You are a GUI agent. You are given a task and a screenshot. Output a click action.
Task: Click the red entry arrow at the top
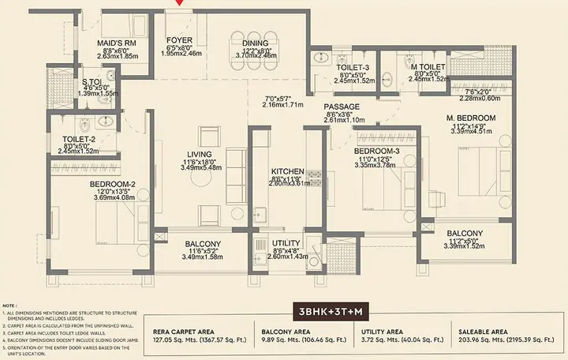[183, 3]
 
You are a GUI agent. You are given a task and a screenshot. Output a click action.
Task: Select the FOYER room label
[180, 40]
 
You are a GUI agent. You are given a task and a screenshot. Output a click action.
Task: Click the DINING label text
[255, 43]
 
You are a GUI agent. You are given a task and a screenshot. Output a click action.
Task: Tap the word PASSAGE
[342, 107]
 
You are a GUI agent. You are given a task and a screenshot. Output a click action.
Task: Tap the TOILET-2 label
[79, 139]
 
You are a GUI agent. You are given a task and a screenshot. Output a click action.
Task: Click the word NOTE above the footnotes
[10, 304]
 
